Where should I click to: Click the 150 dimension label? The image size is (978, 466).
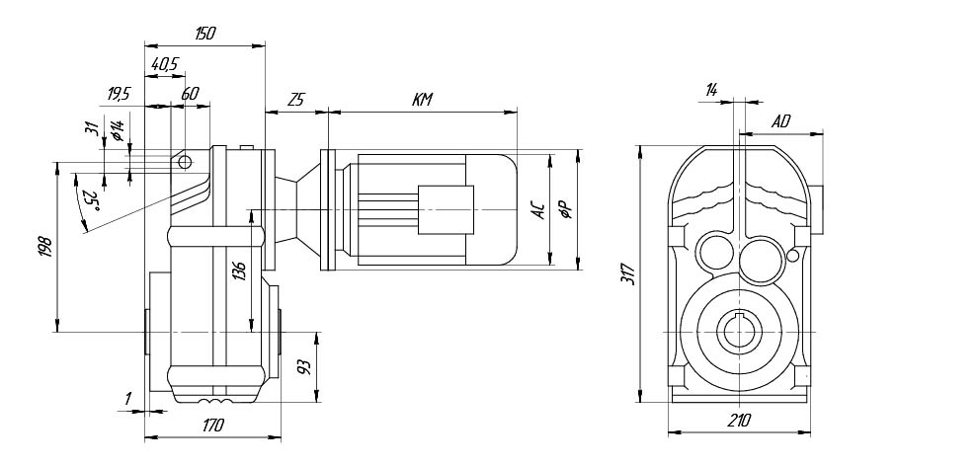click(205, 34)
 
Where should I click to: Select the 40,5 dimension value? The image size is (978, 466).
click(165, 63)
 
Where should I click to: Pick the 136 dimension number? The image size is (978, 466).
click(240, 272)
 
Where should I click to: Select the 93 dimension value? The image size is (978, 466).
click(305, 367)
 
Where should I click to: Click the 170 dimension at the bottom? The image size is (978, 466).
click(212, 426)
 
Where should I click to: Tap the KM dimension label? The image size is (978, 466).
click(422, 100)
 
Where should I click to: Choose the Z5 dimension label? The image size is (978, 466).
click(296, 100)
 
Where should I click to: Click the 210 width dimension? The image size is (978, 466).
click(739, 421)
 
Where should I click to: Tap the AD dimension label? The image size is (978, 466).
click(780, 121)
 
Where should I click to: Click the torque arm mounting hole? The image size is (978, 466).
click(184, 162)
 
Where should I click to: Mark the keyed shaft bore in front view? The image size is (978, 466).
click(740, 332)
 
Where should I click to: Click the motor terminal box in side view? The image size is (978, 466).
click(446, 210)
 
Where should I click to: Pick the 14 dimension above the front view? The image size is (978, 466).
click(711, 90)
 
